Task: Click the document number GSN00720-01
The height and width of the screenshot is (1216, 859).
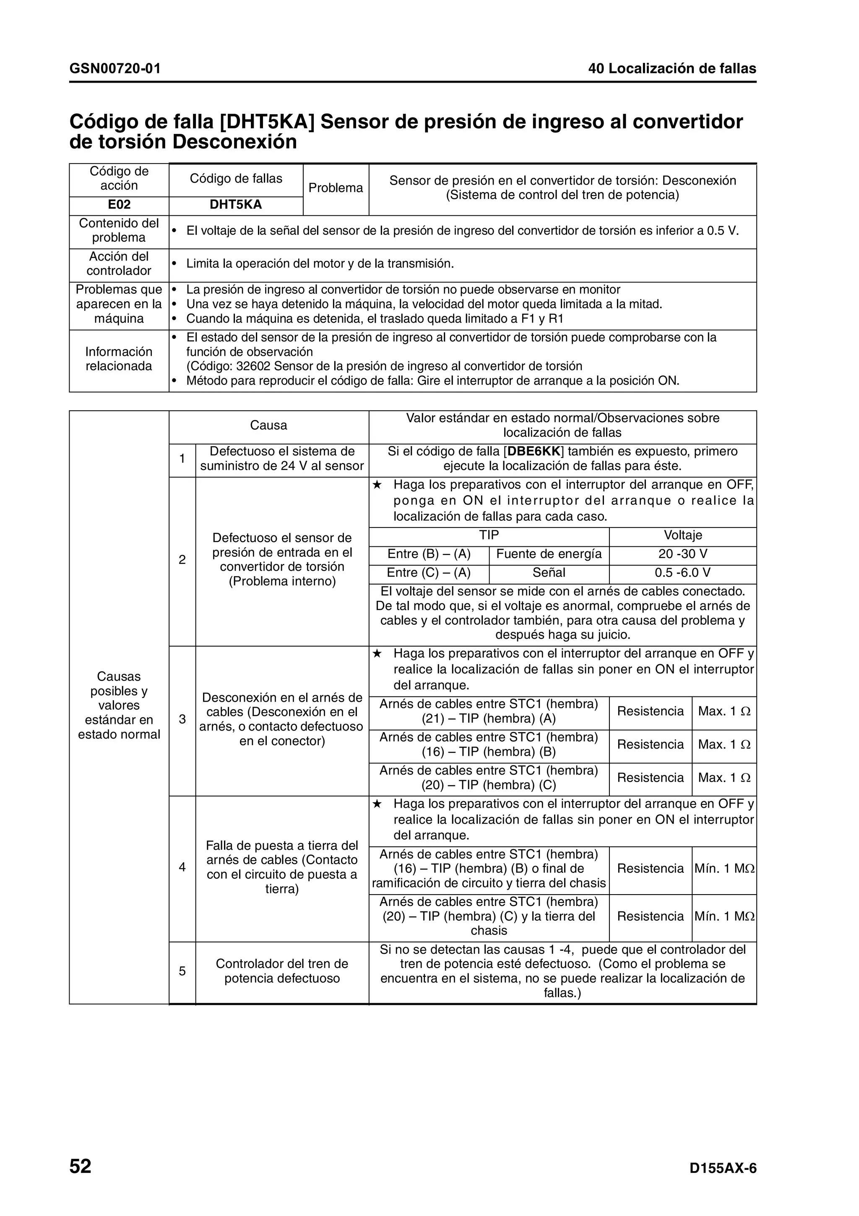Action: pos(115,69)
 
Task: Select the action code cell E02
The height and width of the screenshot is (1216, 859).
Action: pos(119,205)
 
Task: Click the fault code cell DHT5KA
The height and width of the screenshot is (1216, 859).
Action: pos(236,205)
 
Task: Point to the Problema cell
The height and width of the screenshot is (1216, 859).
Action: pos(336,188)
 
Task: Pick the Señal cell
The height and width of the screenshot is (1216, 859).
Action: pos(549,573)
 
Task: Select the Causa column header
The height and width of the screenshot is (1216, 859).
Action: pos(268,426)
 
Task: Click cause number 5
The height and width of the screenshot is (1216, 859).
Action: pos(182,971)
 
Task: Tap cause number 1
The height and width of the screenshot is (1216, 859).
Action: pos(182,459)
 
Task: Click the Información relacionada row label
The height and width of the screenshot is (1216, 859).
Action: pos(119,359)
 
